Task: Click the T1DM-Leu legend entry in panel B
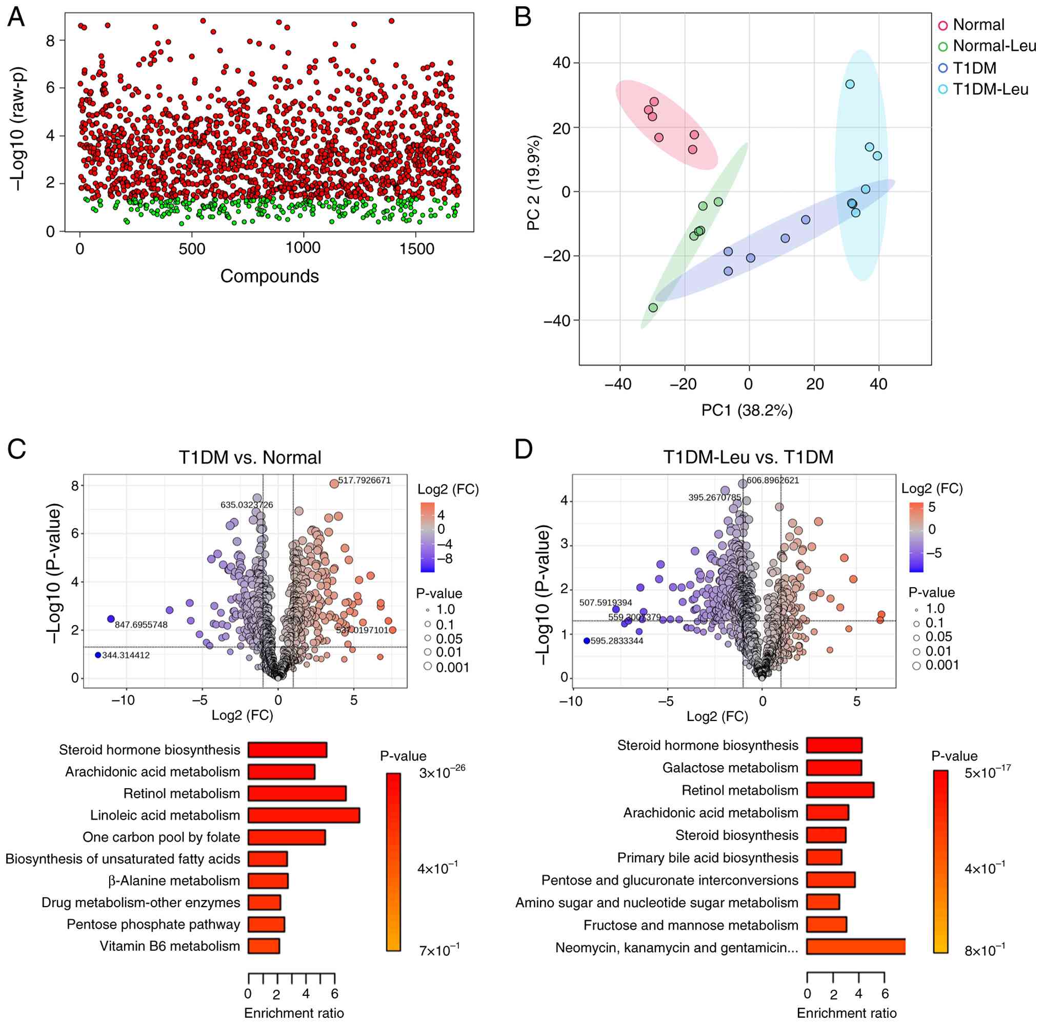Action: [x=990, y=89]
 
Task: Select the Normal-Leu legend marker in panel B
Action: [x=943, y=47]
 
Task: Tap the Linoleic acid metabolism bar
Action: [x=304, y=815]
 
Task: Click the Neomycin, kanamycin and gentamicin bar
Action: [x=855, y=947]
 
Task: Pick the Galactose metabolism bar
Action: [x=834, y=768]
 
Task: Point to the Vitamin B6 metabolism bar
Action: [x=264, y=946]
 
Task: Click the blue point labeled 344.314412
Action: [x=98, y=655]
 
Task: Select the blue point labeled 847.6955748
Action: [x=111, y=619]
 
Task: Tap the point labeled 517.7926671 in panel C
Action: [x=334, y=483]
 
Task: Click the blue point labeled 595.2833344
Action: [x=587, y=640]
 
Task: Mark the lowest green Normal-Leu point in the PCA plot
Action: [x=653, y=308]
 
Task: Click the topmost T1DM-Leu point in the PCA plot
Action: [x=850, y=85]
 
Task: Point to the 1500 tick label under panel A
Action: [x=417, y=249]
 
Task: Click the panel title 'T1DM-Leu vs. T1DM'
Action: [x=748, y=457]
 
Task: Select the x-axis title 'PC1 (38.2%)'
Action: [x=747, y=411]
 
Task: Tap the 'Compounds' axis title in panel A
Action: [x=270, y=276]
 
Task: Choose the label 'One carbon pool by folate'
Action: [x=161, y=837]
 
